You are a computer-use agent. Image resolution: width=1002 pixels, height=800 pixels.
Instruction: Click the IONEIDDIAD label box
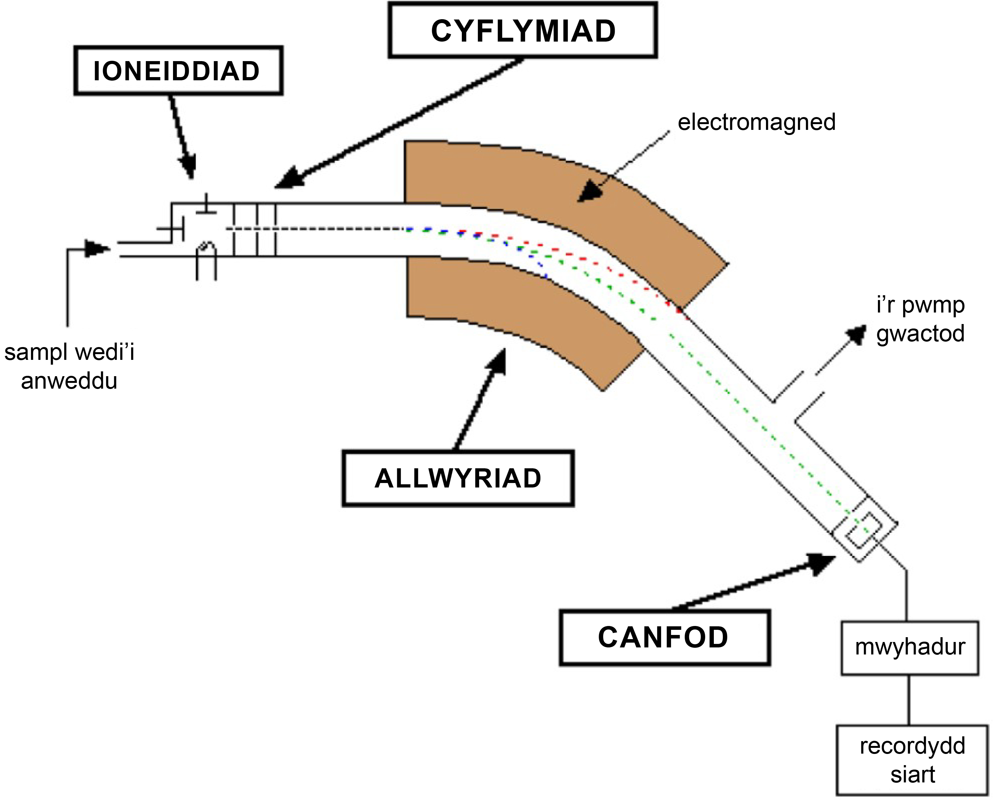[x=178, y=71]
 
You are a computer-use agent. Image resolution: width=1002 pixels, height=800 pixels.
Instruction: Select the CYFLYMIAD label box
[x=523, y=31]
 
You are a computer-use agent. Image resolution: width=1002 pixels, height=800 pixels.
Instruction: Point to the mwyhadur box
[x=910, y=647]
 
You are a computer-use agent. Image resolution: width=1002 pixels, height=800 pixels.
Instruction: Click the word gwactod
[x=920, y=334]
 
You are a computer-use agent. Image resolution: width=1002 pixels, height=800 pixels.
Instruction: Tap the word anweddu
[x=69, y=382]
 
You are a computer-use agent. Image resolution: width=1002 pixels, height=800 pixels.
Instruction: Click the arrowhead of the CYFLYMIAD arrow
[x=289, y=178]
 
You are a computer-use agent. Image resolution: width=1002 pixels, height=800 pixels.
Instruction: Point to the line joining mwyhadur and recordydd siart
[x=909, y=700]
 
